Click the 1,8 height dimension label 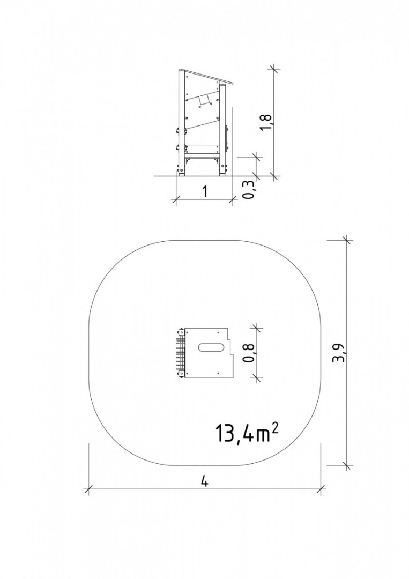click(266, 122)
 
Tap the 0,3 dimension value click(249, 190)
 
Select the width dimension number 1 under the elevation click(205, 191)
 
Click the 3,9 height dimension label click(338, 352)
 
